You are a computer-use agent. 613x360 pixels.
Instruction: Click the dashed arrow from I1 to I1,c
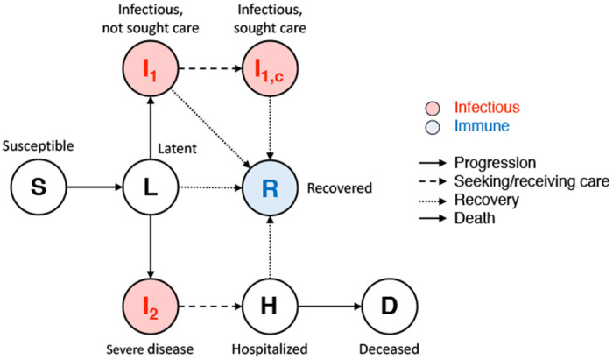point(211,67)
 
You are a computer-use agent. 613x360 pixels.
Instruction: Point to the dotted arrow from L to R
point(211,187)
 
